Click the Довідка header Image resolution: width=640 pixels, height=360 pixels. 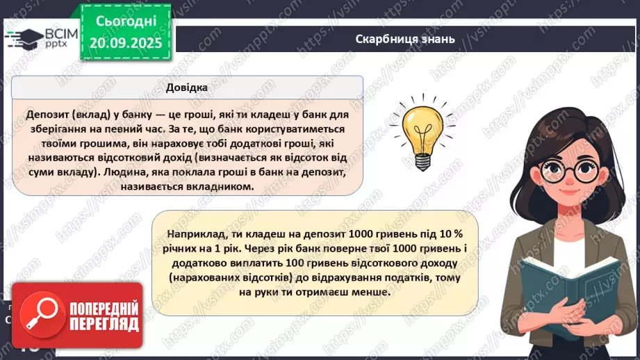186,88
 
